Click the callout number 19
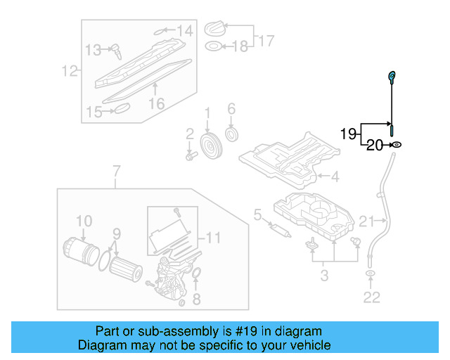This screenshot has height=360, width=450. pos(349,134)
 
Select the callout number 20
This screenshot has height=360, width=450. pos(373,146)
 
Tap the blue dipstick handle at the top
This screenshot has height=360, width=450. pos(392,76)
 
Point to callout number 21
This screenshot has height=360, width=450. pos(366,222)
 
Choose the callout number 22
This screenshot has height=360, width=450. pos(371,298)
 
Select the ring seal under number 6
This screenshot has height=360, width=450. pos(231,134)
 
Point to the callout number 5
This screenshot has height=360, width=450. pos(257,214)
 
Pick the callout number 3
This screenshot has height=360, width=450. pos(324,274)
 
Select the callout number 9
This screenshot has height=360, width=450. pos(117,233)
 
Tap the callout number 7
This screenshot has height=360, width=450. pos(117,171)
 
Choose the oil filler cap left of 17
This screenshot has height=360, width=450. pos(214,30)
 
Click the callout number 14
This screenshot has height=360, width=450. pos(184,30)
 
